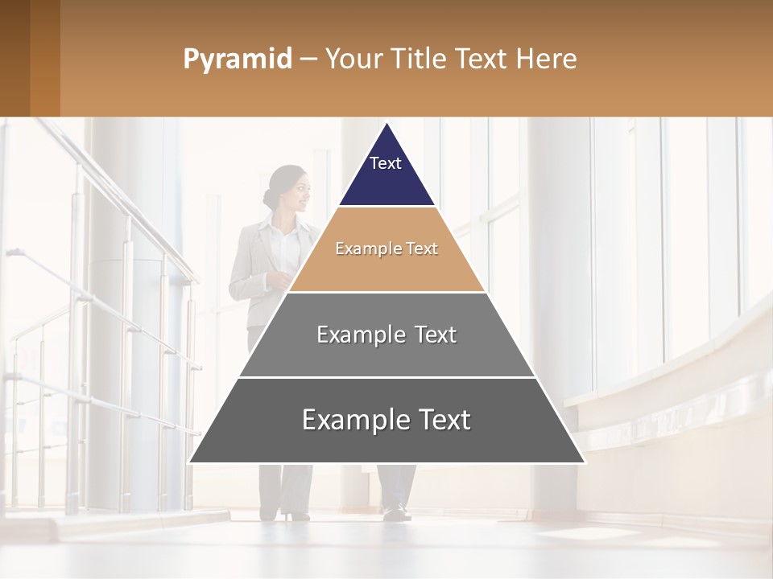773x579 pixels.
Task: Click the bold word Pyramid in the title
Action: pyautogui.click(x=237, y=60)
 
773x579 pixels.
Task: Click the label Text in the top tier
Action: pyautogui.click(x=385, y=163)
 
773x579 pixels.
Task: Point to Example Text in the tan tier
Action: pyautogui.click(x=386, y=248)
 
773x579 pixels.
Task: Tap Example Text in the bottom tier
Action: pyautogui.click(x=386, y=420)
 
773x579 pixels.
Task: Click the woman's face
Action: pyautogui.click(x=298, y=191)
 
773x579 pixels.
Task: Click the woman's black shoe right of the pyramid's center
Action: pyautogui.click(x=396, y=511)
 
